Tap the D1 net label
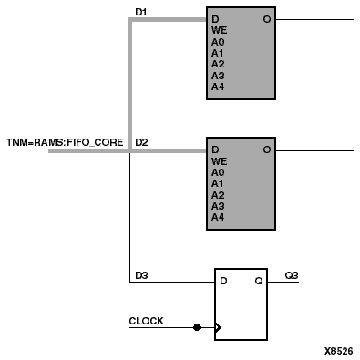click(x=140, y=12)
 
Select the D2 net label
click(x=141, y=143)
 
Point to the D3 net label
click(x=141, y=274)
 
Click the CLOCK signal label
click(x=146, y=321)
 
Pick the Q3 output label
click(x=291, y=274)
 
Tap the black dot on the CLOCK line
click(x=196, y=326)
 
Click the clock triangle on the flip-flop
click(x=219, y=326)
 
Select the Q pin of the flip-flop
click(x=259, y=281)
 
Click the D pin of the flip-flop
click(x=223, y=281)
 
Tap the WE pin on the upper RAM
click(x=219, y=30)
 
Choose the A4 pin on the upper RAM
click(x=218, y=86)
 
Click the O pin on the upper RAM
click(x=267, y=19)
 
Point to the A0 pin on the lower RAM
click(x=218, y=172)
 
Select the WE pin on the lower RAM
click(x=219, y=161)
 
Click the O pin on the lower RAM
click(x=267, y=150)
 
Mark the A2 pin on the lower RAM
click(x=218, y=195)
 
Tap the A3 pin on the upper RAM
click(x=218, y=75)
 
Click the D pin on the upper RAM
click(x=215, y=19)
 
